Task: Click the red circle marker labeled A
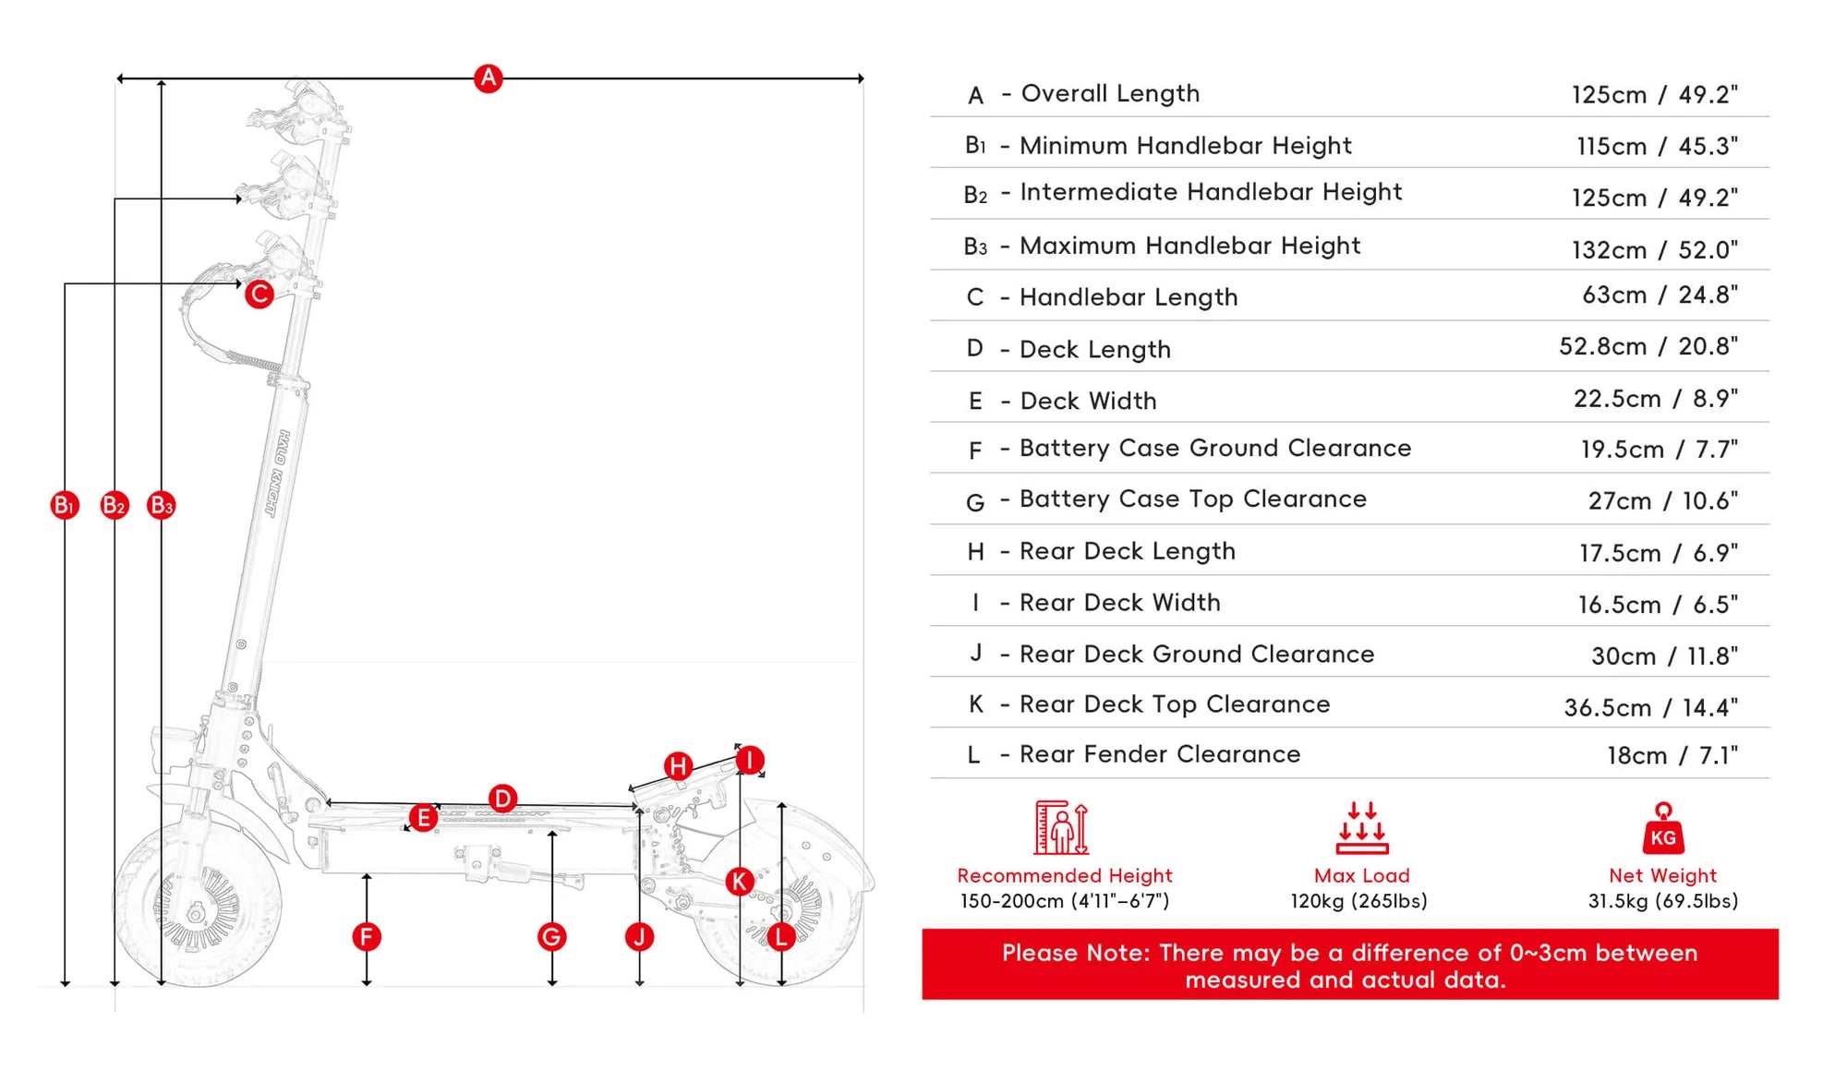tap(488, 78)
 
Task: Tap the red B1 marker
tap(65, 505)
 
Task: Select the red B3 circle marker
tap(162, 505)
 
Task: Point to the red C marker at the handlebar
tap(260, 295)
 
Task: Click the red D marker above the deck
tap(502, 799)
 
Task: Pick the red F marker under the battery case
tap(367, 937)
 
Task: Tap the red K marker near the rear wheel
tap(739, 882)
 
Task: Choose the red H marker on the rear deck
tap(679, 765)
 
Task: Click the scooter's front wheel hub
tap(196, 914)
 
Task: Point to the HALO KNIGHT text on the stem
tap(277, 473)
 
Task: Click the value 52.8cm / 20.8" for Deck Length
tap(1648, 346)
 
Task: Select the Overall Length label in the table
tap(1110, 93)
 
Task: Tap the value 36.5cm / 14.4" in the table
tap(1651, 708)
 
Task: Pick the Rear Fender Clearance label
tap(1160, 754)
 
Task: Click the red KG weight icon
tap(1663, 828)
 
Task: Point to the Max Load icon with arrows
tap(1362, 828)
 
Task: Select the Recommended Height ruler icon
tap(1062, 827)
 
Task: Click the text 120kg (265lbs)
tap(1359, 901)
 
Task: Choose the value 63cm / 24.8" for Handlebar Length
tap(1660, 295)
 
